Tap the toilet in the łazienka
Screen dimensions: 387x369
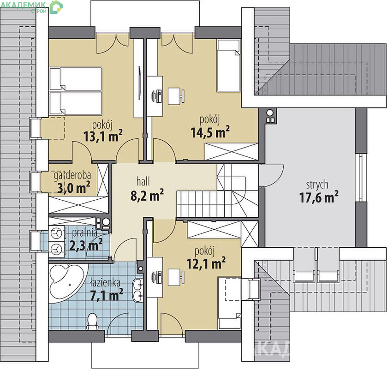[x=93, y=321]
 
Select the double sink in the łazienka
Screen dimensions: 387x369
[x=138, y=290]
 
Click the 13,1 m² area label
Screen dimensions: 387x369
[x=103, y=136]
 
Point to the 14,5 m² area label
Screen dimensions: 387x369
[x=210, y=132]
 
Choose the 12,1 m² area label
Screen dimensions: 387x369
[x=206, y=263]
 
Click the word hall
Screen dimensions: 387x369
[x=143, y=182]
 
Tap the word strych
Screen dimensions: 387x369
[x=317, y=185]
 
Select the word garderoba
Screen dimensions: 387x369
[x=72, y=175]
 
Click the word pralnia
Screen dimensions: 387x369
[x=85, y=233]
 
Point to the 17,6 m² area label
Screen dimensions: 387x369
[x=319, y=197]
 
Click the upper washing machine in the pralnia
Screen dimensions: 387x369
[x=57, y=233]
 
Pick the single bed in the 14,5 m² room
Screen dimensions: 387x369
[x=228, y=65]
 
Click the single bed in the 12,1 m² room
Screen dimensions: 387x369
[x=229, y=303]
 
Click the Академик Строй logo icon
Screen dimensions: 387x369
[x=56, y=7]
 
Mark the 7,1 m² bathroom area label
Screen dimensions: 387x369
[x=107, y=295]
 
